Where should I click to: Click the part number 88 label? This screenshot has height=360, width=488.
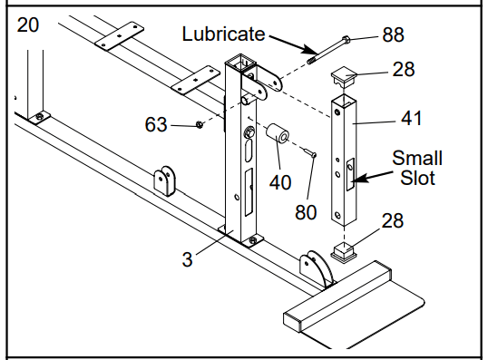[x=393, y=34]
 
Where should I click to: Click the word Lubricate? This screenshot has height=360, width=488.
[x=223, y=34]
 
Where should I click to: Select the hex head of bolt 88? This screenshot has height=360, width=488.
[x=346, y=40]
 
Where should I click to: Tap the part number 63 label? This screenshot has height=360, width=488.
[x=156, y=124]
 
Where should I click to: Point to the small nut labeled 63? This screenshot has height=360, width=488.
[x=200, y=125]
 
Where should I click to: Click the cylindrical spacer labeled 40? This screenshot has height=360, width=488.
[x=278, y=134]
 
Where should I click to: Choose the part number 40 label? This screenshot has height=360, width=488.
[x=280, y=182]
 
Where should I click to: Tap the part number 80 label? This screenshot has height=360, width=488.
[x=306, y=213]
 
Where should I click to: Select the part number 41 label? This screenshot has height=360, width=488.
[x=412, y=118]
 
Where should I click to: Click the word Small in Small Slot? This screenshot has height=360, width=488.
[x=417, y=158]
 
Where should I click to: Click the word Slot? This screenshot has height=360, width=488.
[x=417, y=178]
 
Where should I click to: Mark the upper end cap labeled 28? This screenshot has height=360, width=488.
[x=344, y=78]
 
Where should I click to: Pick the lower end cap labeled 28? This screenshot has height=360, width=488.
[x=344, y=251]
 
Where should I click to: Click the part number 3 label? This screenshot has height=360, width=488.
[x=187, y=259]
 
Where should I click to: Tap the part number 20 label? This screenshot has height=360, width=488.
[x=28, y=24]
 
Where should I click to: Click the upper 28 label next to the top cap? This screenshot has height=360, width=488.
[x=404, y=69]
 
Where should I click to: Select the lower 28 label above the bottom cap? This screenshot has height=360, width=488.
[x=393, y=220]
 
